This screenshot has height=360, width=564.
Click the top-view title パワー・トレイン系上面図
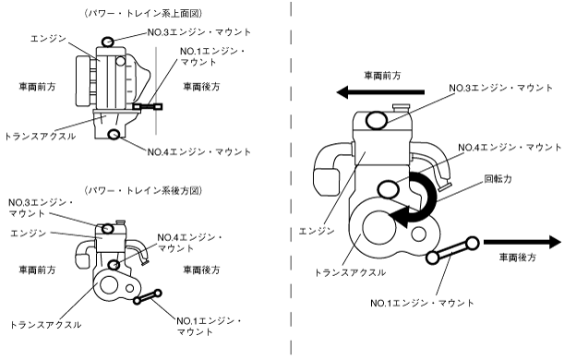click(143, 14)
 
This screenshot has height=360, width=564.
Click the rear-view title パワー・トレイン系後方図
click(143, 190)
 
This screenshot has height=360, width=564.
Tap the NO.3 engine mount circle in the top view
click(108, 42)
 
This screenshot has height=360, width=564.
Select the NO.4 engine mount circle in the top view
click(114, 135)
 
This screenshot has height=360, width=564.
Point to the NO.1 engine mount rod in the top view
click(148, 106)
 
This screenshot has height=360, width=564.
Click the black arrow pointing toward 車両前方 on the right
click(380, 92)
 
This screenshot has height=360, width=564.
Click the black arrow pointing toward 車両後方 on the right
click(522, 242)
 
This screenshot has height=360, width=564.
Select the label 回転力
click(498, 179)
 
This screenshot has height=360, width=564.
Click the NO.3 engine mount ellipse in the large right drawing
click(377, 120)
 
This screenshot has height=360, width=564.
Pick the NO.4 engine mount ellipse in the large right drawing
click(389, 189)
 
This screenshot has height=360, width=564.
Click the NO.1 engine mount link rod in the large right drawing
click(452, 251)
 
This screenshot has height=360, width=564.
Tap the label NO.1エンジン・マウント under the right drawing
click(422, 303)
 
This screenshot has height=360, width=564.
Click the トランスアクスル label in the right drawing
click(350, 272)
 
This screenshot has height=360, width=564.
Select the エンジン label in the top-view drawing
click(49, 39)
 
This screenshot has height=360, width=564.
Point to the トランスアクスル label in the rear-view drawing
click(45, 325)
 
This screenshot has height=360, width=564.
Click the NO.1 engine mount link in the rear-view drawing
click(147, 296)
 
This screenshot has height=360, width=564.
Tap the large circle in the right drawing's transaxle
click(379, 227)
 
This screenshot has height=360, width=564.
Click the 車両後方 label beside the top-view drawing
click(201, 87)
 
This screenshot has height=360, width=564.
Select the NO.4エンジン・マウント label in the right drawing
click(510, 148)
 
